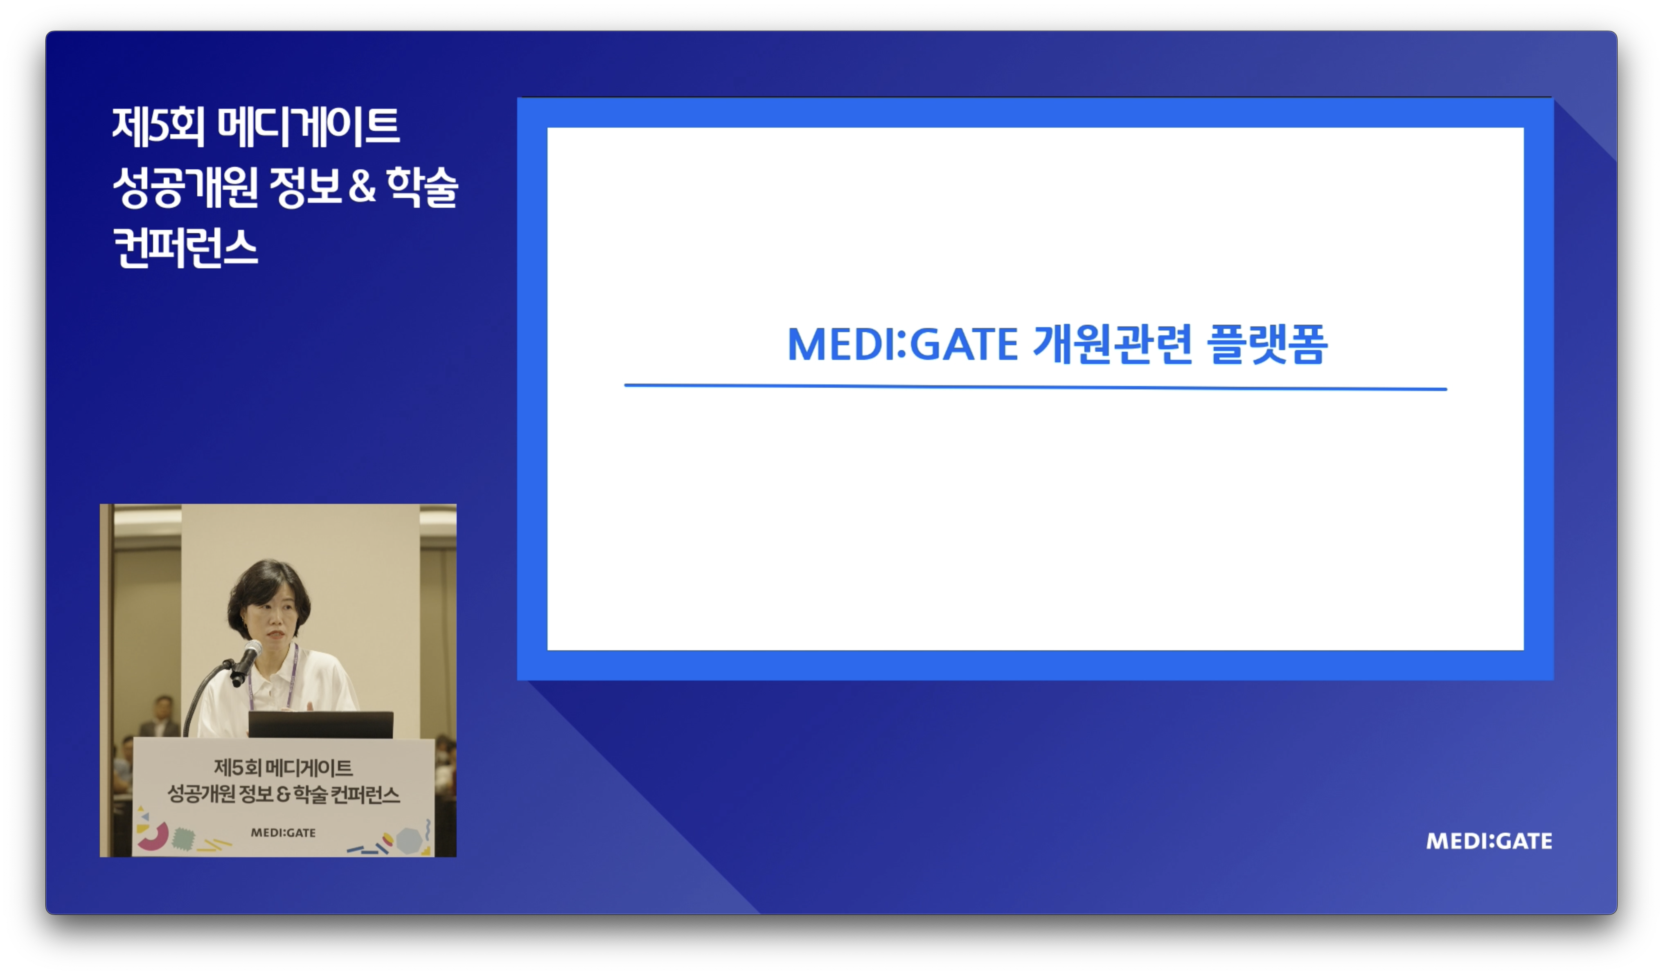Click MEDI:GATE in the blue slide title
(903, 344)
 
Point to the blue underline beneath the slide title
(1035, 387)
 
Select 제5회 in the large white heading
(158, 127)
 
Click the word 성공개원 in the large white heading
(185, 187)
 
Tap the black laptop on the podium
(321, 724)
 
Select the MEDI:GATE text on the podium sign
(283, 833)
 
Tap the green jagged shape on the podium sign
(183, 840)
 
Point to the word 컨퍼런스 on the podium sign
(365, 794)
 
